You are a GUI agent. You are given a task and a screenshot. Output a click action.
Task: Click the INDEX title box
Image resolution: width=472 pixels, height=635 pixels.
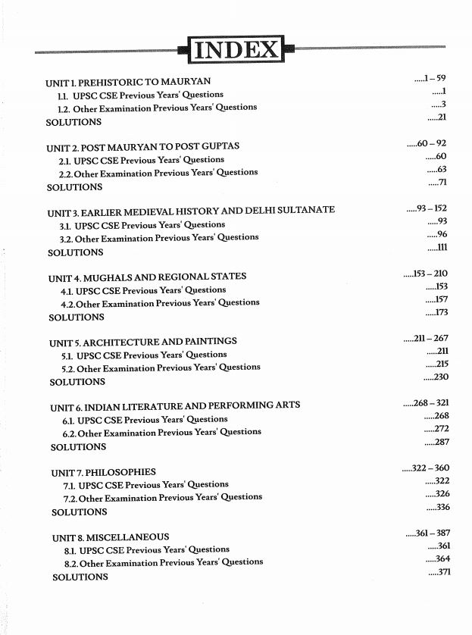coord(236,50)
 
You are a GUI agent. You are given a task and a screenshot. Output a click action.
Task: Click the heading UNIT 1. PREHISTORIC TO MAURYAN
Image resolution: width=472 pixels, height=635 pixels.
coord(128,81)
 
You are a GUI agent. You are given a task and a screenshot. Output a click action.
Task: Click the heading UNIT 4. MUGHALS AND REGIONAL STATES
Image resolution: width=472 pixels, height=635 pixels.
coord(147,277)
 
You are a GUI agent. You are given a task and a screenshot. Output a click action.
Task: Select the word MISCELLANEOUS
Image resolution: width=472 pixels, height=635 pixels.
coord(127,537)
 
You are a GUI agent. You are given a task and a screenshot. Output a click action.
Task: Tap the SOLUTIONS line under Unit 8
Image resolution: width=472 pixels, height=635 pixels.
coord(80,577)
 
